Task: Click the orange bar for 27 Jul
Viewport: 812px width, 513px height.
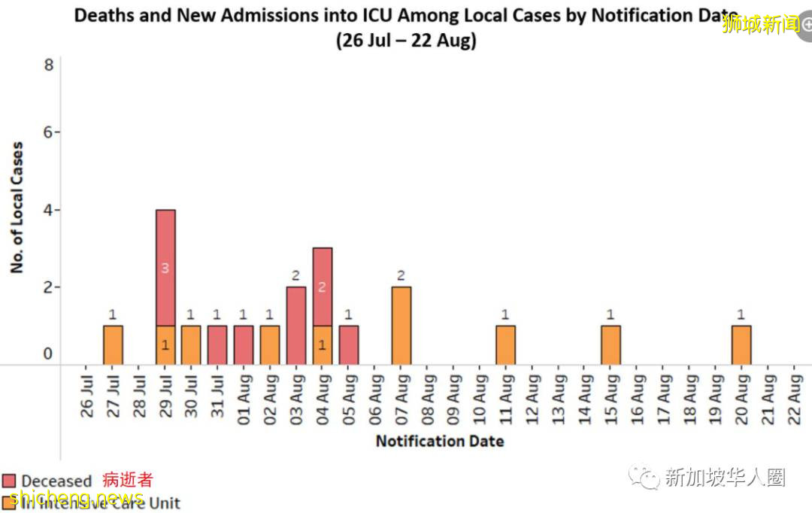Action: [113, 345]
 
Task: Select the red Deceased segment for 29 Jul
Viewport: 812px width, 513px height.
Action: [165, 268]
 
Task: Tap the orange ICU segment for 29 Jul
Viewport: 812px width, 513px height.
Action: [165, 345]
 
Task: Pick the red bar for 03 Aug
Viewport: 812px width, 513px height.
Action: [296, 326]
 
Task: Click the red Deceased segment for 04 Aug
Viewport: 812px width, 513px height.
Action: [323, 287]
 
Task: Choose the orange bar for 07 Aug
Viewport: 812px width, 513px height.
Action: [401, 326]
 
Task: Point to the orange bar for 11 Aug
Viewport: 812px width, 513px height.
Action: [506, 345]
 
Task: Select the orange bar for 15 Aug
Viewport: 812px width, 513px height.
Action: [611, 345]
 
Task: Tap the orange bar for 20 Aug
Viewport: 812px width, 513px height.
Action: [741, 345]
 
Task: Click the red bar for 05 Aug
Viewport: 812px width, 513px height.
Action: [349, 345]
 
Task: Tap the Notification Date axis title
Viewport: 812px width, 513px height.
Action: [440, 441]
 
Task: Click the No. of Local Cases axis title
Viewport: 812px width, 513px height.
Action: [17, 208]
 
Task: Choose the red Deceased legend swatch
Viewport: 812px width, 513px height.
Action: [9, 481]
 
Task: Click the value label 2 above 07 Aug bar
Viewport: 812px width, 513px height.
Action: [401, 275]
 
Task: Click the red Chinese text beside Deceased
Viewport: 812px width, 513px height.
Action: [127, 480]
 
